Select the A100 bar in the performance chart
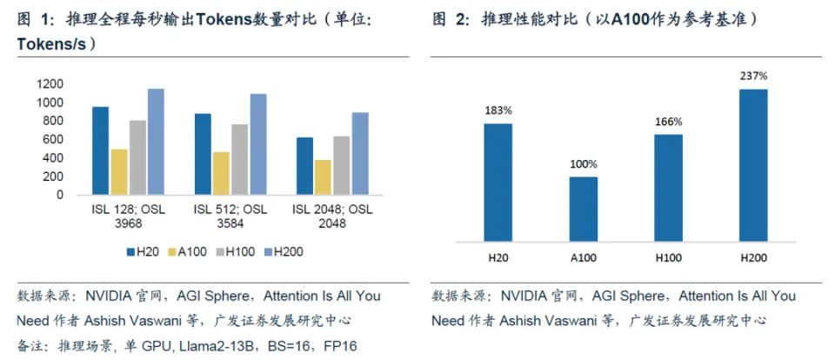(584, 208)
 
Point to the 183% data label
(498, 110)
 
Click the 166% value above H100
(669, 122)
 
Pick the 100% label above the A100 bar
(584, 163)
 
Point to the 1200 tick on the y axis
(50, 84)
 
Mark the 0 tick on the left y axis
(60, 195)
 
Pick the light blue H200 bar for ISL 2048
(358, 153)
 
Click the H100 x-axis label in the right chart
(669, 257)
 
